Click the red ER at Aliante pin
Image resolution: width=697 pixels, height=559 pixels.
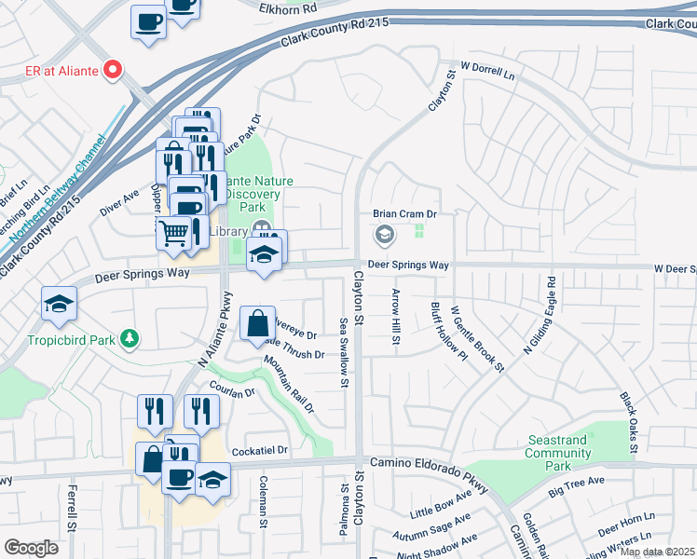(x=113, y=69)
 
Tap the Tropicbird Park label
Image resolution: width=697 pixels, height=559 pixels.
(x=78, y=339)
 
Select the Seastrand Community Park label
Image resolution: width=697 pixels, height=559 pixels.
(x=557, y=453)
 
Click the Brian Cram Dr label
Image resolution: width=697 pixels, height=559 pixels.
(x=405, y=213)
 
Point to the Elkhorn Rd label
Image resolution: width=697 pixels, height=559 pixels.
(x=285, y=6)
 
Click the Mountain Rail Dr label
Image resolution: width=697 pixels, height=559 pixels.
(x=289, y=383)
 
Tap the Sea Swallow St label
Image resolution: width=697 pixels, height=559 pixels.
(x=344, y=352)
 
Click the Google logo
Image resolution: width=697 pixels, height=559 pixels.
(x=32, y=548)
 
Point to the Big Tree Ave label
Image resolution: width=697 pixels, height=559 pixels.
(x=577, y=486)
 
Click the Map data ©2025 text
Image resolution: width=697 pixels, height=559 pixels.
(x=658, y=552)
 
